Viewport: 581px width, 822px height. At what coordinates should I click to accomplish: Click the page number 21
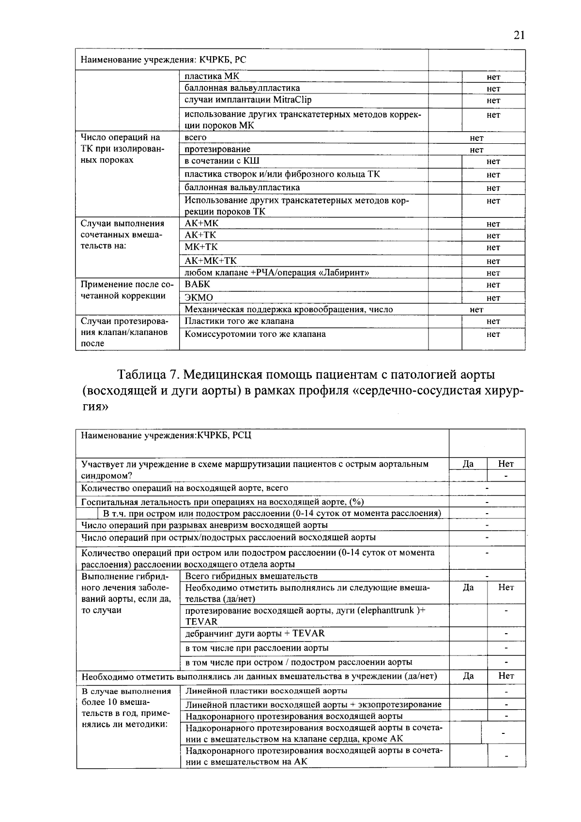click(x=519, y=35)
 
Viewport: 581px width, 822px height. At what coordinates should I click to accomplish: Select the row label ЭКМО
click(x=199, y=297)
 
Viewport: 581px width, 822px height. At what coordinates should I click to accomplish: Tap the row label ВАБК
click(x=198, y=285)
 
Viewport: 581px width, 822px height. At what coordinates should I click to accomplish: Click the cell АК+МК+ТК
click(x=211, y=261)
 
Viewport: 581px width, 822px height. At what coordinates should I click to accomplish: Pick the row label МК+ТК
click(x=201, y=247)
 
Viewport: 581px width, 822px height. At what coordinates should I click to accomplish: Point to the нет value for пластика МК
click(x=493, y=77)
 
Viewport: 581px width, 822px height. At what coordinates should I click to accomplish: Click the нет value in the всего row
click(x=476, y=138)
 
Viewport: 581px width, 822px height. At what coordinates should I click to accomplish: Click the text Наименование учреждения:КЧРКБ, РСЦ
click(x=166, y=435)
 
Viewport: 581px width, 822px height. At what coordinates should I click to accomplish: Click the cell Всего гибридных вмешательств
click(x=251, y=576)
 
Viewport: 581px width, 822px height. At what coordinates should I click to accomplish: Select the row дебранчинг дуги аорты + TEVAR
click(x=255, y=634)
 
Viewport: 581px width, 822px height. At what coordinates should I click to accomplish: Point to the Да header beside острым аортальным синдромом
click(x=468, y=464)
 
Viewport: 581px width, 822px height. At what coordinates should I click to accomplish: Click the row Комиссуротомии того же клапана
click(x=255, y=334)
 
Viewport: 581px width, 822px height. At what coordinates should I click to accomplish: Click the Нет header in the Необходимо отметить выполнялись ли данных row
click(x=506, y=676)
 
